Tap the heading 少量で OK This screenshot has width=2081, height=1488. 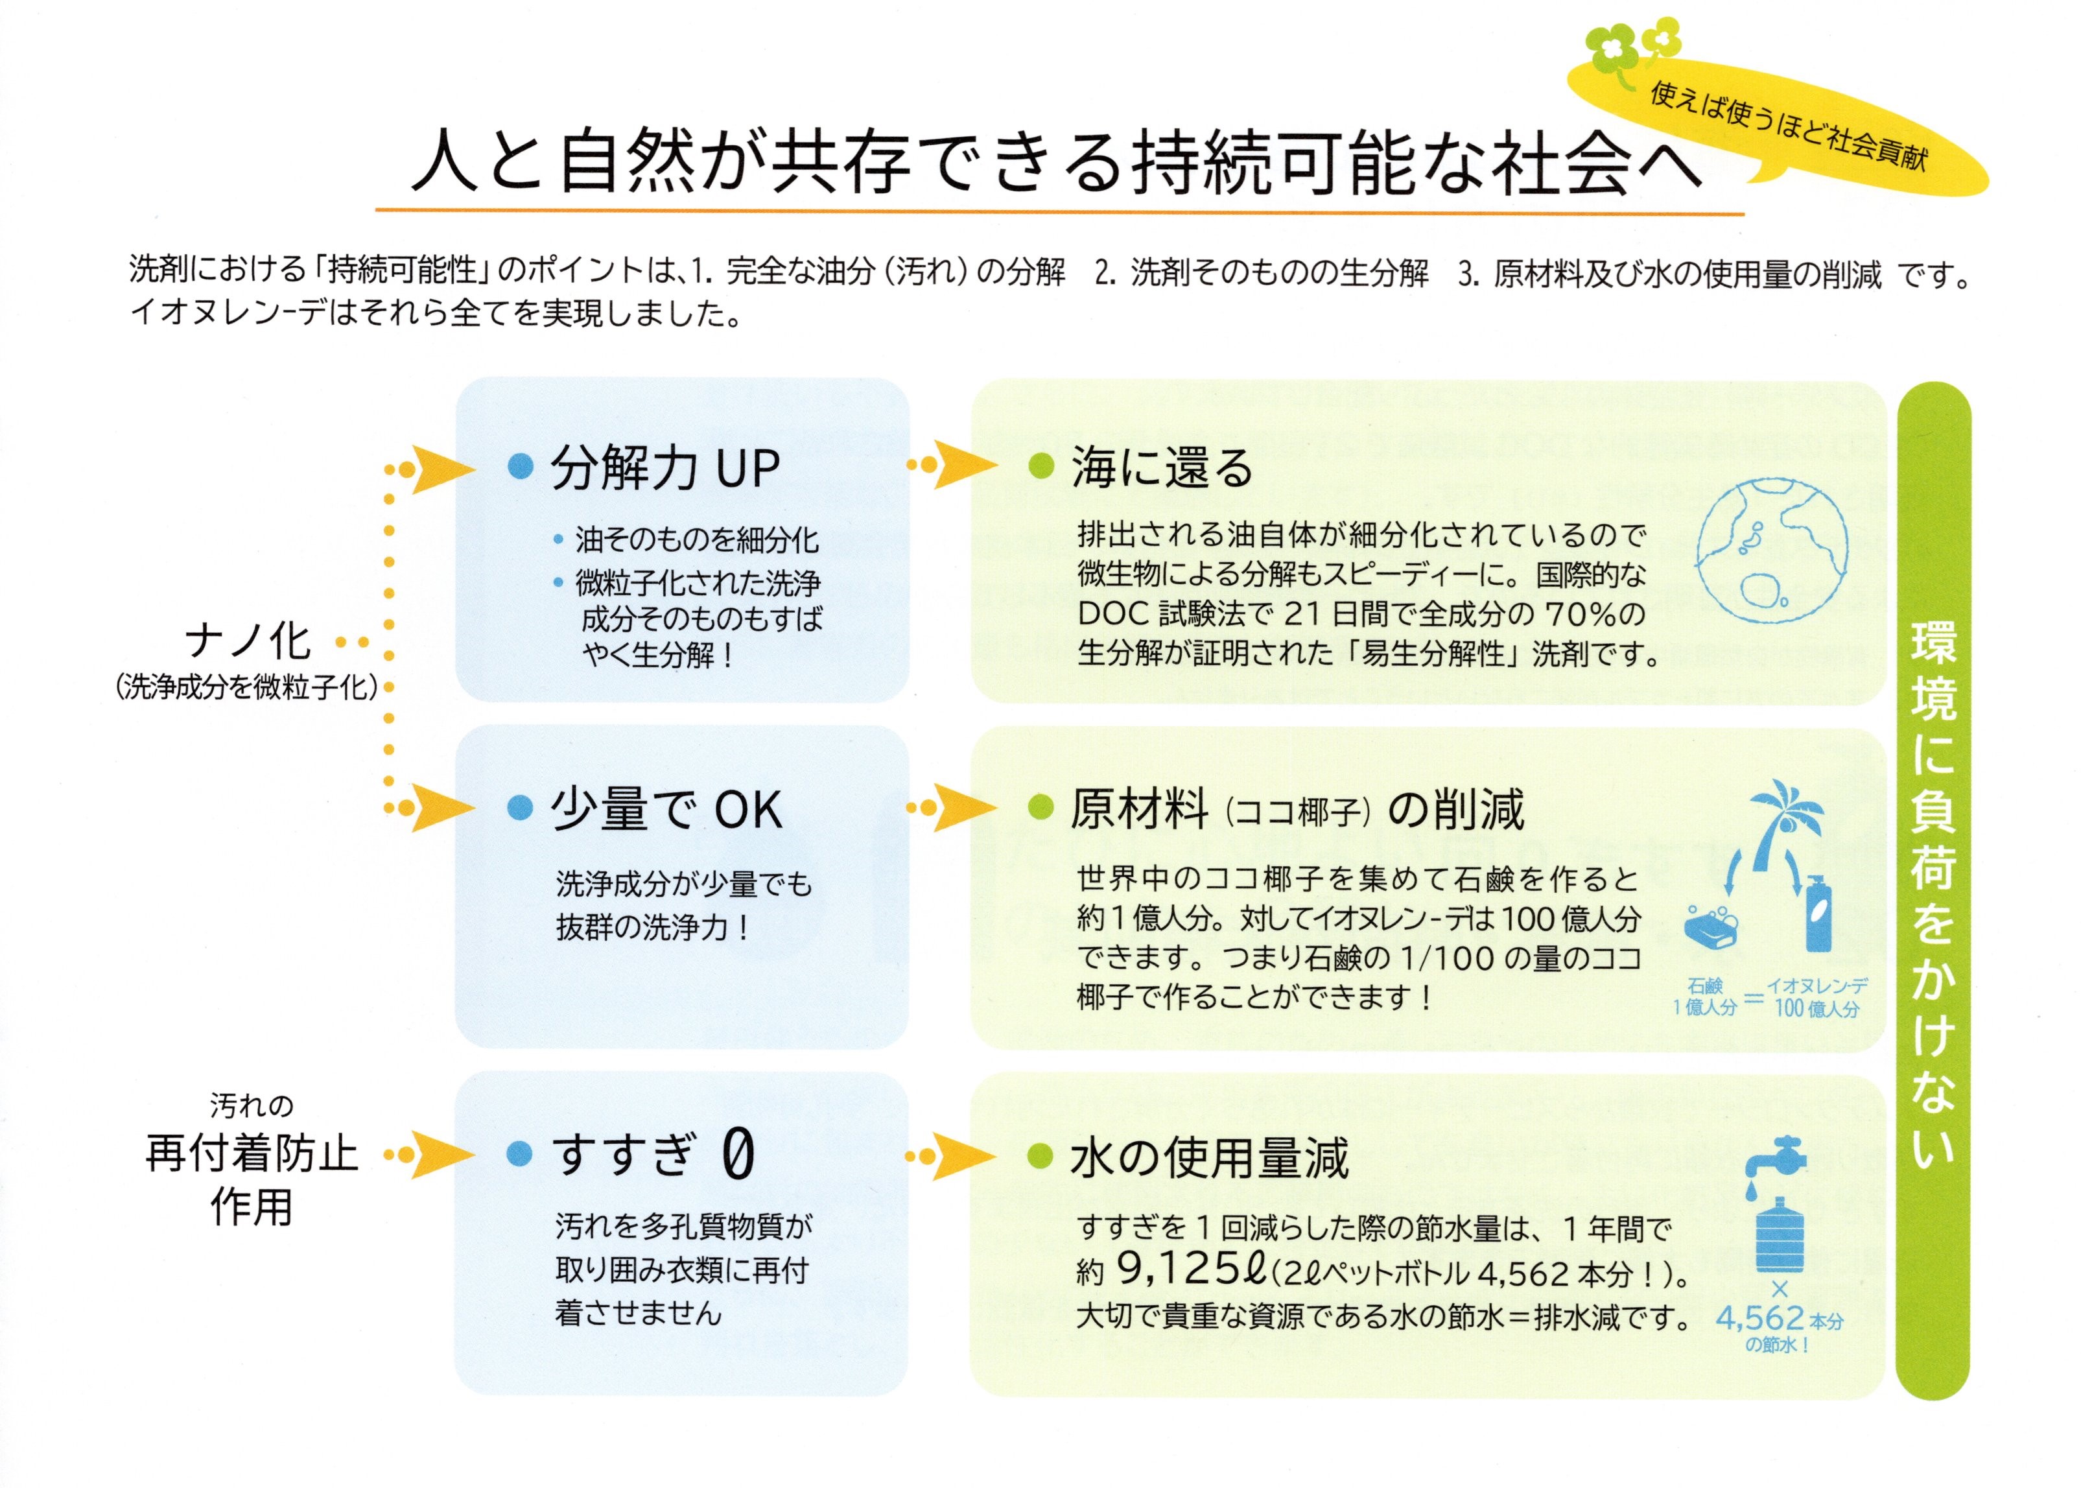[x=666, y=810]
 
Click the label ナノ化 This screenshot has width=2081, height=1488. [x=248, y=641]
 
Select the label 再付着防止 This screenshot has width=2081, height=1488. [x=251, y=1155]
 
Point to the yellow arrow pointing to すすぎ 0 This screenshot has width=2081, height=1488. [x=440, y=1155]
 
